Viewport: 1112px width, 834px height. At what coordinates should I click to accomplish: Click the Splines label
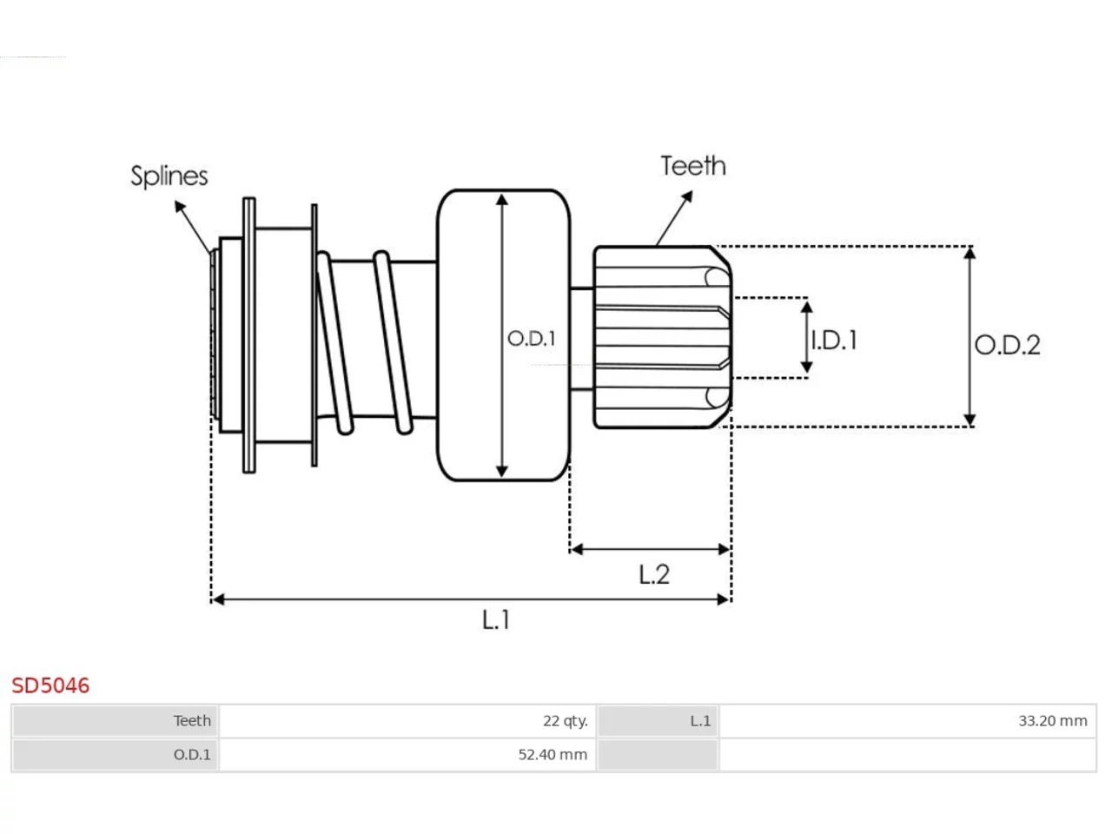(x=169, y=176)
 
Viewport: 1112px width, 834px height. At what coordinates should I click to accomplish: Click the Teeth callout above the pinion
(x=693, y=166)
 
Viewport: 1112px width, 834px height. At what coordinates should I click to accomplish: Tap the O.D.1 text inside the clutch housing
(x=532, y=338)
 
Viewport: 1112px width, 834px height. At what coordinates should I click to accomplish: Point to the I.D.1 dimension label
(x=834, y=340)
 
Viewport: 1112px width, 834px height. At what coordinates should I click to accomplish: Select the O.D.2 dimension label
(x=1007, y=345)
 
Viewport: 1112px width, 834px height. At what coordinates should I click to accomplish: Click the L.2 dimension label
(x=653, y=574)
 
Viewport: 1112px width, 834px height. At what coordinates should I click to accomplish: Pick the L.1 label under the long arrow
(x=496, y=619)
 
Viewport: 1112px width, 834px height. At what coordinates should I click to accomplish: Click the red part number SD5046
(x=50, y=685)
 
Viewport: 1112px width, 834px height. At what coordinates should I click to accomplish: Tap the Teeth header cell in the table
(x=115, y=720)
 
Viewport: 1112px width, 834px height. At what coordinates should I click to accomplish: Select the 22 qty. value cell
(x=407, y=720)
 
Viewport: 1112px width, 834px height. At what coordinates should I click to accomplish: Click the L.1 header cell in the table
(x=658, y=720)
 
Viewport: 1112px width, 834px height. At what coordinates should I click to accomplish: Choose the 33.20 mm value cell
(x=907, y=720)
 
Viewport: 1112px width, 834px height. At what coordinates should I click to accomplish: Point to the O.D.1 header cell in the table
(x=115, y=754)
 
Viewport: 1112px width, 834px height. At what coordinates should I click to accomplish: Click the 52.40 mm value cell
(x=407, y=754)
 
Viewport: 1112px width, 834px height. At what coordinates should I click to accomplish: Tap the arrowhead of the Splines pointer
(x=179, y=206)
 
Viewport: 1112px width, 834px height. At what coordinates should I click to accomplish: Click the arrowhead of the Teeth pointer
(x=687, y=196)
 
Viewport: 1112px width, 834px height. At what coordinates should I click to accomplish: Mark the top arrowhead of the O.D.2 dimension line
(x=970, y=253)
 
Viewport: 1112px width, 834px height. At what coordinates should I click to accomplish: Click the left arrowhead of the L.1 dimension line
(x=218, y=599)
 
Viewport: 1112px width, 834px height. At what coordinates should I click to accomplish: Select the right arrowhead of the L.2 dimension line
(x=724, y=549)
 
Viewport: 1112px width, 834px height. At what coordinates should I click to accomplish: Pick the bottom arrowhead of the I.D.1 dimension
(x=806, y=367)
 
